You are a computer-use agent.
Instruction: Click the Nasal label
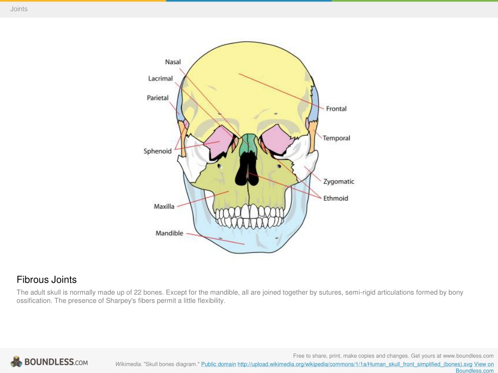pos(173,62)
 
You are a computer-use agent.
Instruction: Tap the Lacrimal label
pos(160,78)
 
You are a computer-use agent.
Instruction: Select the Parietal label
pos(158,98)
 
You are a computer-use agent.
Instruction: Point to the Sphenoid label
pos(158,151)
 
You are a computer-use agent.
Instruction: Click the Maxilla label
pos(164,206)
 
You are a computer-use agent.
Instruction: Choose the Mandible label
pos(169,233)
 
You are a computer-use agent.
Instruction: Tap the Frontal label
pos(337,108)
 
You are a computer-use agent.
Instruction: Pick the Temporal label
pos(337,138)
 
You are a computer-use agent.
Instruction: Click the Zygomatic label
pos(338,182)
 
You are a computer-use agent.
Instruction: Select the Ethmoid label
pos(336,198)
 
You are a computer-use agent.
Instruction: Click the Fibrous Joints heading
pos(47,279)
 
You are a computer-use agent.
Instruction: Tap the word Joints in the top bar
pos(19,9)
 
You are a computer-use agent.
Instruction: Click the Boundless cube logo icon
pos(16,361)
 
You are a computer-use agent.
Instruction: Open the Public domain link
pos(218,364)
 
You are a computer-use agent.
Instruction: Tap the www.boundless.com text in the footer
pos(468,356)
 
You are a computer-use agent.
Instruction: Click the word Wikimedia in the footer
pos(128,364)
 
